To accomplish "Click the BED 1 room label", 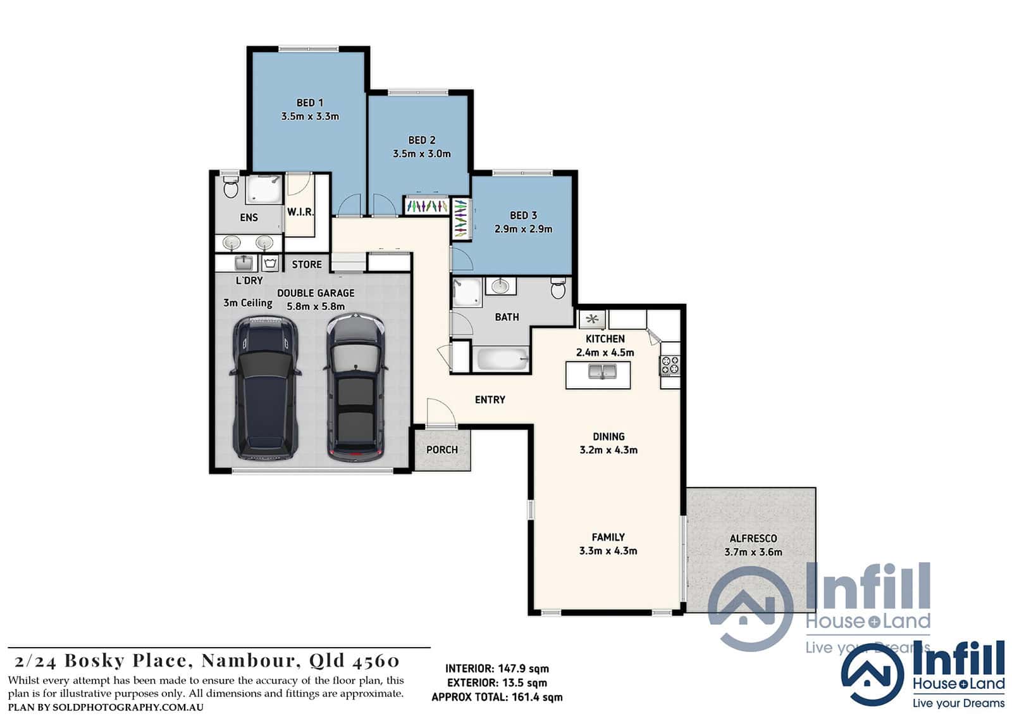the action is (310, 103).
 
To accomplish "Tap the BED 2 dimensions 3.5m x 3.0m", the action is (421, 154).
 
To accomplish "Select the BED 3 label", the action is (523, 215).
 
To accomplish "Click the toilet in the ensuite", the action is (231, 185).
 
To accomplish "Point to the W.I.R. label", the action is (300, 211).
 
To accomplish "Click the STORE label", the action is (307, 265).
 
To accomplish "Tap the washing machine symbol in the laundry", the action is (269, 263).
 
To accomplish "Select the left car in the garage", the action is (265, 388).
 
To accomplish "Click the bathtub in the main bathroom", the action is (502, 359).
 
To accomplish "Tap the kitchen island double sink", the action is (602, 372).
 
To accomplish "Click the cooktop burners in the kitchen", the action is (670, 365).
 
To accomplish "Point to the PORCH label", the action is (442, 449).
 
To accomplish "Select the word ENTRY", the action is (490, 399).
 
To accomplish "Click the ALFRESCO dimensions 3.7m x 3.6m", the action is (753, 552).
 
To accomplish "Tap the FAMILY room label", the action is (608, 537).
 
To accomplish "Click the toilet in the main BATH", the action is (558, 288).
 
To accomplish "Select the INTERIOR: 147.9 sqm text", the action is (497, 669).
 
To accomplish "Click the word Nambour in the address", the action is (251, 661).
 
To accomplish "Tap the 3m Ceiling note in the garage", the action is (248, 303).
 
